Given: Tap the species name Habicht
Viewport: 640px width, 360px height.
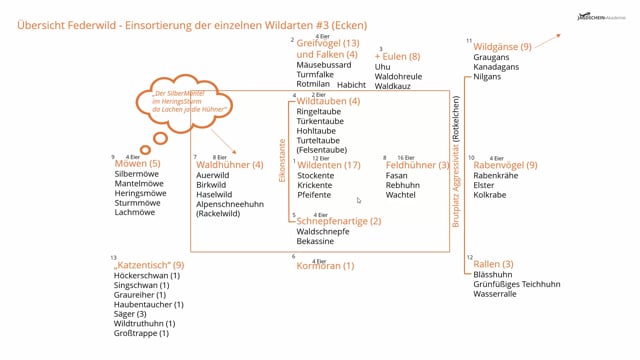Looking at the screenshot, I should (x=351, y=85).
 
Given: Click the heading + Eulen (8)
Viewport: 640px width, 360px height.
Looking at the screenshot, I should (x=398, y=57).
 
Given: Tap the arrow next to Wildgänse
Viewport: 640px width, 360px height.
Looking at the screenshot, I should (x=545, y=41).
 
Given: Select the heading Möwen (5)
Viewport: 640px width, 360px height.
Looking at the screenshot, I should (x=137, y=163).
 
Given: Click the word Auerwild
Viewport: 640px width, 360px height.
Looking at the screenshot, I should (x=213, y=175).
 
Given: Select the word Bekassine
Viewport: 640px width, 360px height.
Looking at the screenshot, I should (x=318, y=242).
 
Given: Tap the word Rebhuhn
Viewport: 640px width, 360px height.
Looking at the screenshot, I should (x=402, y=185).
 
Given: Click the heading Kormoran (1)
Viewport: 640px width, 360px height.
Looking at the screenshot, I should (x=325, y=266).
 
